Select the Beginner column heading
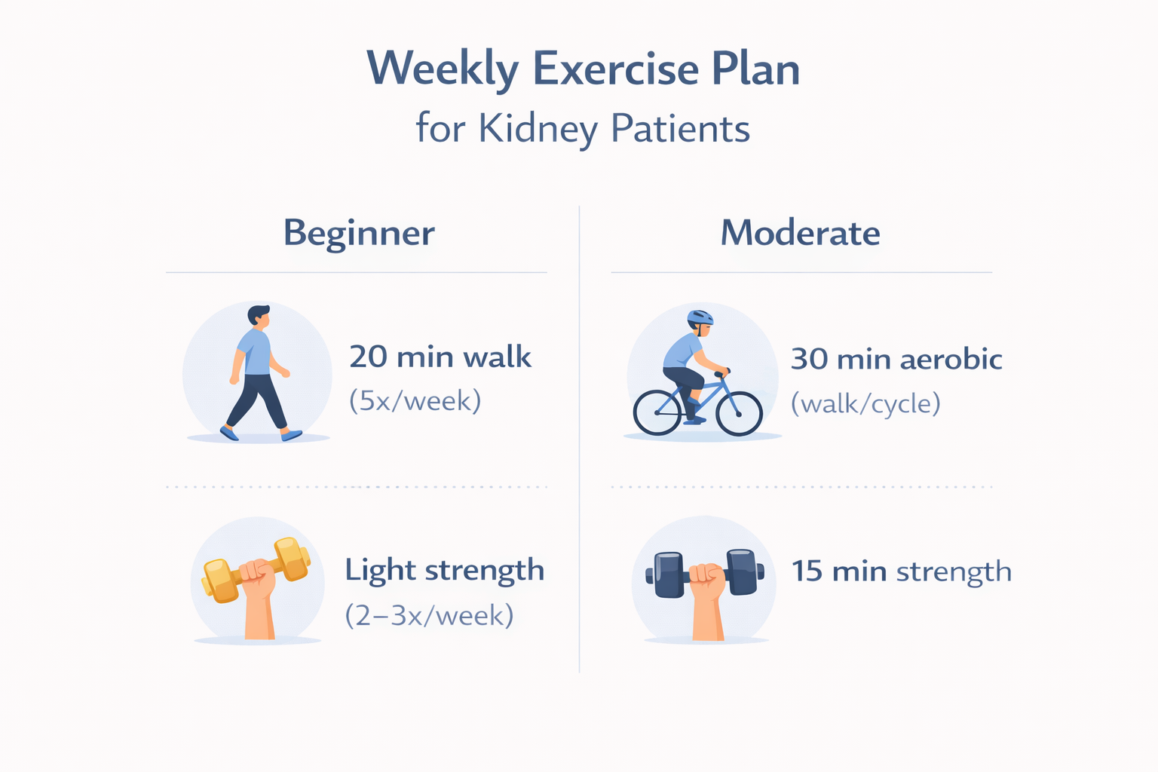(x=359, y=233)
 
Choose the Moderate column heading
(x=800, y=233)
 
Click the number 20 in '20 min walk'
(x=368, y=357)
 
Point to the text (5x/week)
(x=415, y=401)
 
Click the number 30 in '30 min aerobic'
(x=809, y=360)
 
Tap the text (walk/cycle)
(x=865, y=404)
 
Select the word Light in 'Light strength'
(x=381, y=571)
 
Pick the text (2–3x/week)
(x=429, y=616)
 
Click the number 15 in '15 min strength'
(x=807, y=571)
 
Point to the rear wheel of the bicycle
(x=657, y=413)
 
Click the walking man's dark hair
(x=258, y=312)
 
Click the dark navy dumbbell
(x=743, y=571)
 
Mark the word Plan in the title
(x=755, y=69)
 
